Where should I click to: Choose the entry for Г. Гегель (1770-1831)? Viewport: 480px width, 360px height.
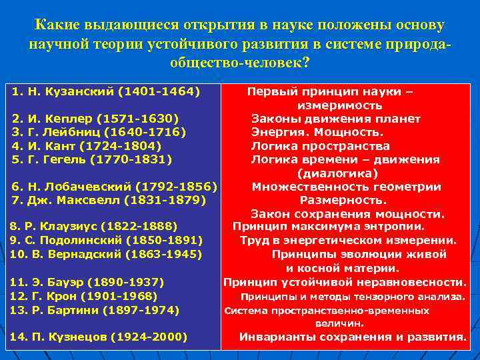click(x=92, y=159)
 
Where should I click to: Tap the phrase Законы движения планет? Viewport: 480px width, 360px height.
click(x=335, y=119)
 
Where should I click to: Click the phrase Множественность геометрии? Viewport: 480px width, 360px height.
click(x=346, y=186)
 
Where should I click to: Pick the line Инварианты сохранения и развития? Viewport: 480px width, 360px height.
click(x=353, y=337)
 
